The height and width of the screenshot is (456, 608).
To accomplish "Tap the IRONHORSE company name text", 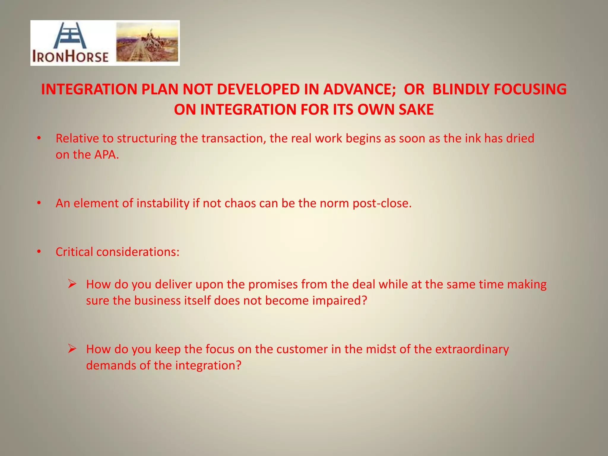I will coord(70,56).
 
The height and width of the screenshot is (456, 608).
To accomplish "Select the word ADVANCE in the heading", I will coord(360,89).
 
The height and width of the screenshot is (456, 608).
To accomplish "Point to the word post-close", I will coord(382,203).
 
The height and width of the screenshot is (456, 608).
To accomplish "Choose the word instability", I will coord(163,203).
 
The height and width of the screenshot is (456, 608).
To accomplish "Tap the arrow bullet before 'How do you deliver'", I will coord(72,284).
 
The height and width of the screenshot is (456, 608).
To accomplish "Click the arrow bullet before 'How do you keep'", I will coord(72,349).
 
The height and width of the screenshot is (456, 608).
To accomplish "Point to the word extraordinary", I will coord(472,349).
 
